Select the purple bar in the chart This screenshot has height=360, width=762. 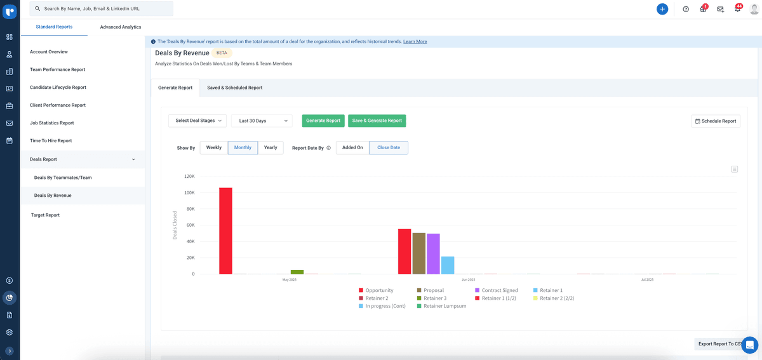coord(433,253)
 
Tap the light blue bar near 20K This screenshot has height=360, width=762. coord(448,265)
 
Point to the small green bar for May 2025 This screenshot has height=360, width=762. coord(297,272)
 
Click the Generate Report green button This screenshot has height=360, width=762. coord(323,121)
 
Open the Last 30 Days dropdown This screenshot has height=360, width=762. coord(262,121)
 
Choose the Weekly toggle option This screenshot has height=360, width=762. coord(214,148)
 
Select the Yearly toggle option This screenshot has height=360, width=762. coord(271,148)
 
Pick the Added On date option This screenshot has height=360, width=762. coord(352,148)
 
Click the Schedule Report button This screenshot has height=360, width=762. coord(716,121)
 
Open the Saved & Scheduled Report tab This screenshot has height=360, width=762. coord(234,88)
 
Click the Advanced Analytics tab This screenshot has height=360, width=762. coord(121,27)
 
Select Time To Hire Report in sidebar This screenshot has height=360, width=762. coord(51,141)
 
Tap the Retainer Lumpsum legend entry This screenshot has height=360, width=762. coord(444,306)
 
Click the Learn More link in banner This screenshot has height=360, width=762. coord(415,42)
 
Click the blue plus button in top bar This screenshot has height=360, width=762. coord(662,9)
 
